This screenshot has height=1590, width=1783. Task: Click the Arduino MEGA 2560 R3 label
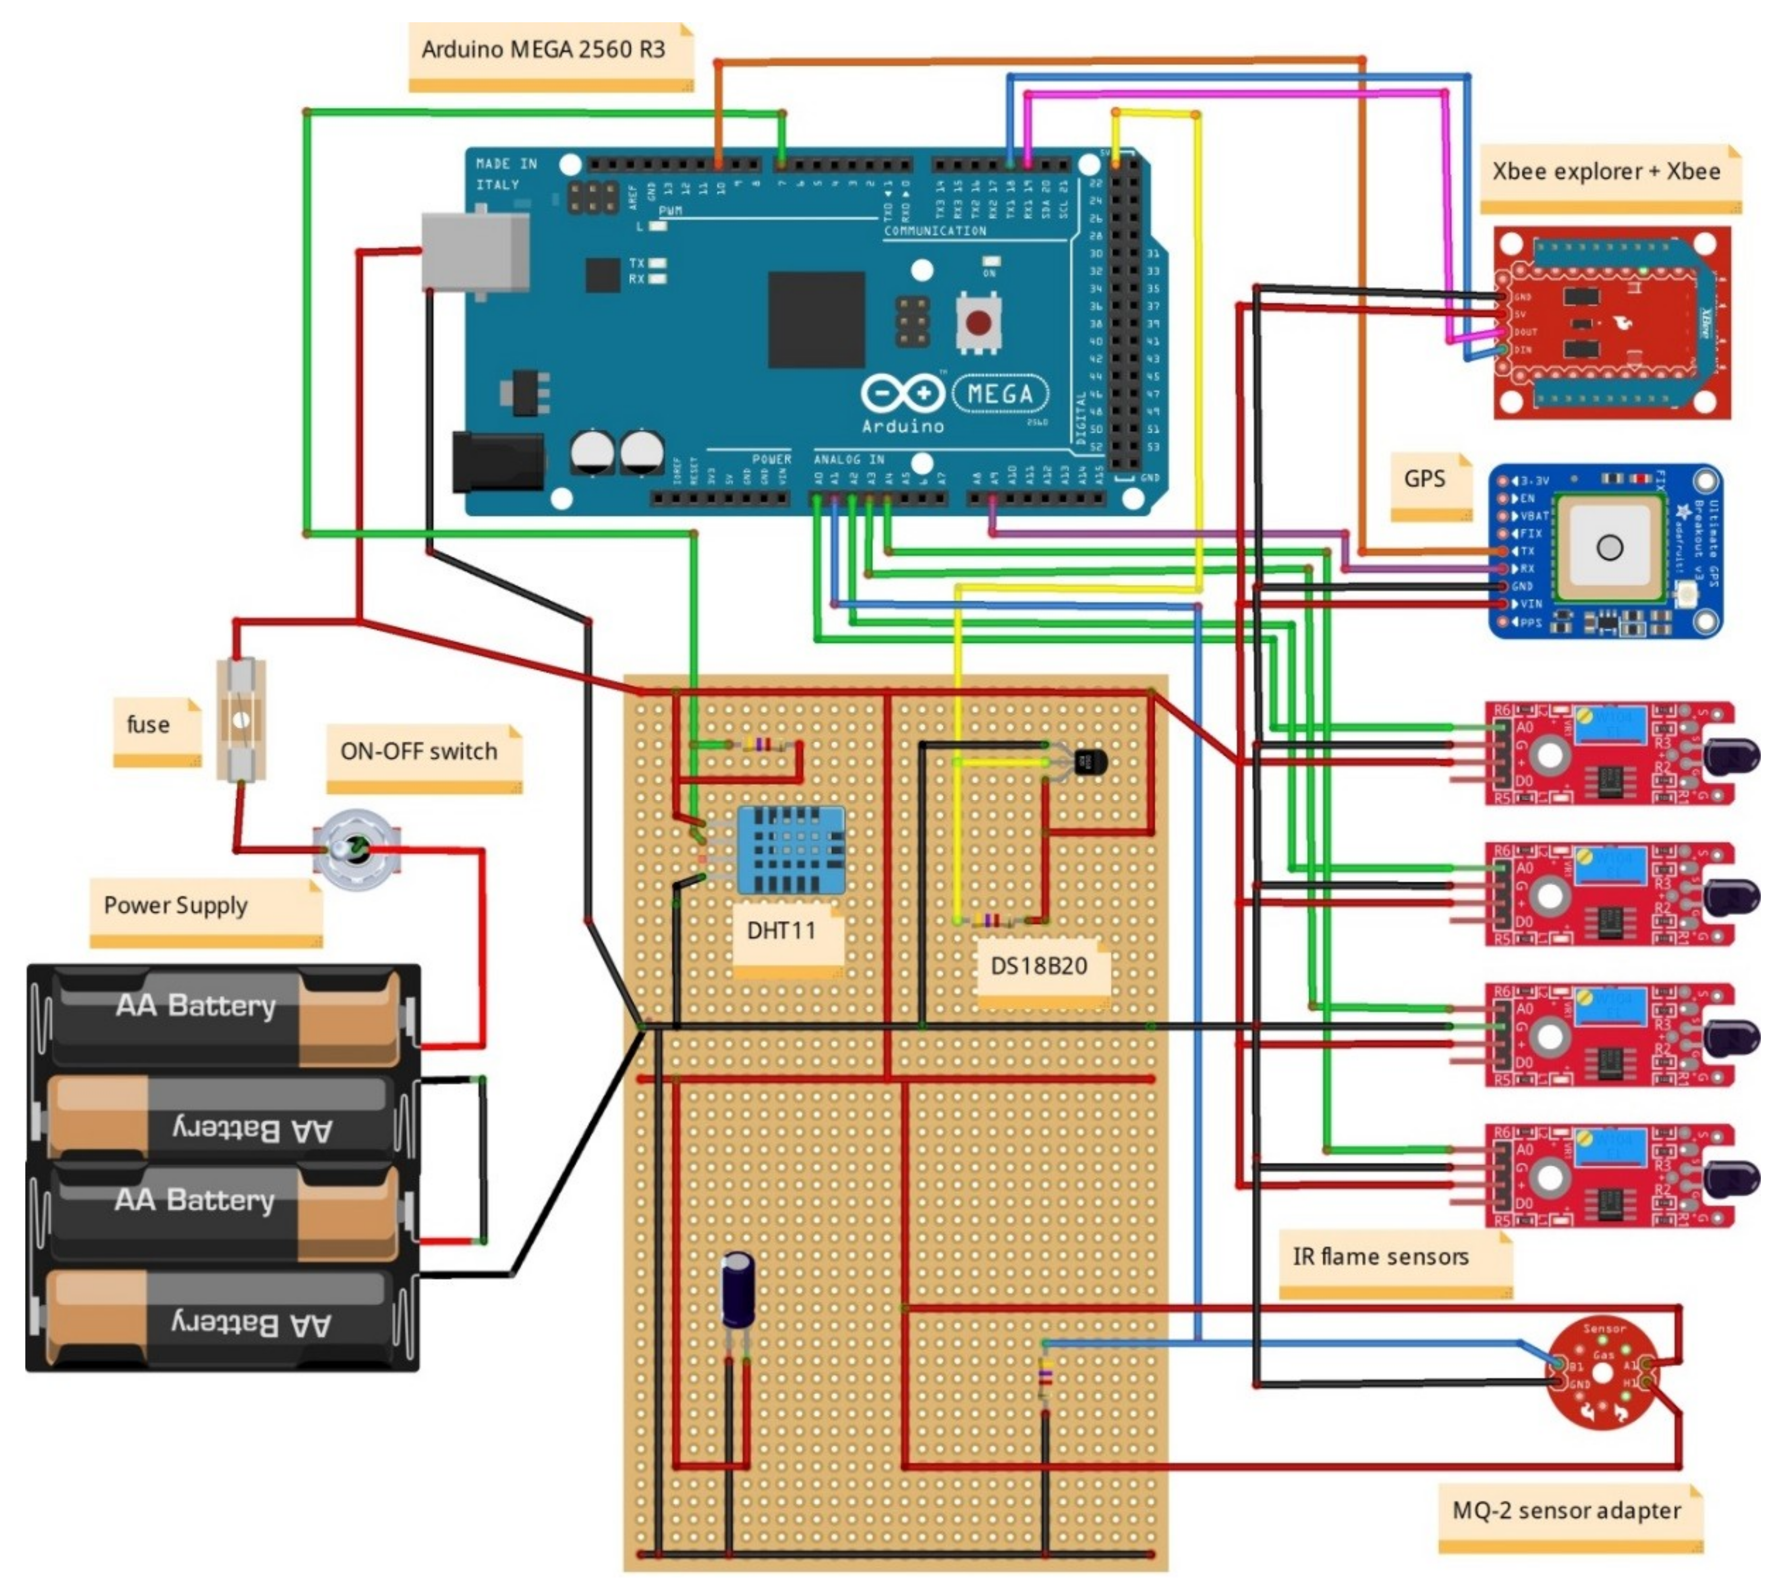[x=543, y=50]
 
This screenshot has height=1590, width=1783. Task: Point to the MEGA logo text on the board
[x=1000, y=395]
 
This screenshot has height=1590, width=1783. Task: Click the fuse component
[x=241, y=719]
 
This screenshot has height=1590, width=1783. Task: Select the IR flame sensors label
[x=1380, y=1257]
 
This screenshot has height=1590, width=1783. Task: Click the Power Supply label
[x=176, y=905]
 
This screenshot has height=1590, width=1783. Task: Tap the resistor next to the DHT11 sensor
[x=763, y=745]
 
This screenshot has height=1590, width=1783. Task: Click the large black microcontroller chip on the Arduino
[x=816, y=319]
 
